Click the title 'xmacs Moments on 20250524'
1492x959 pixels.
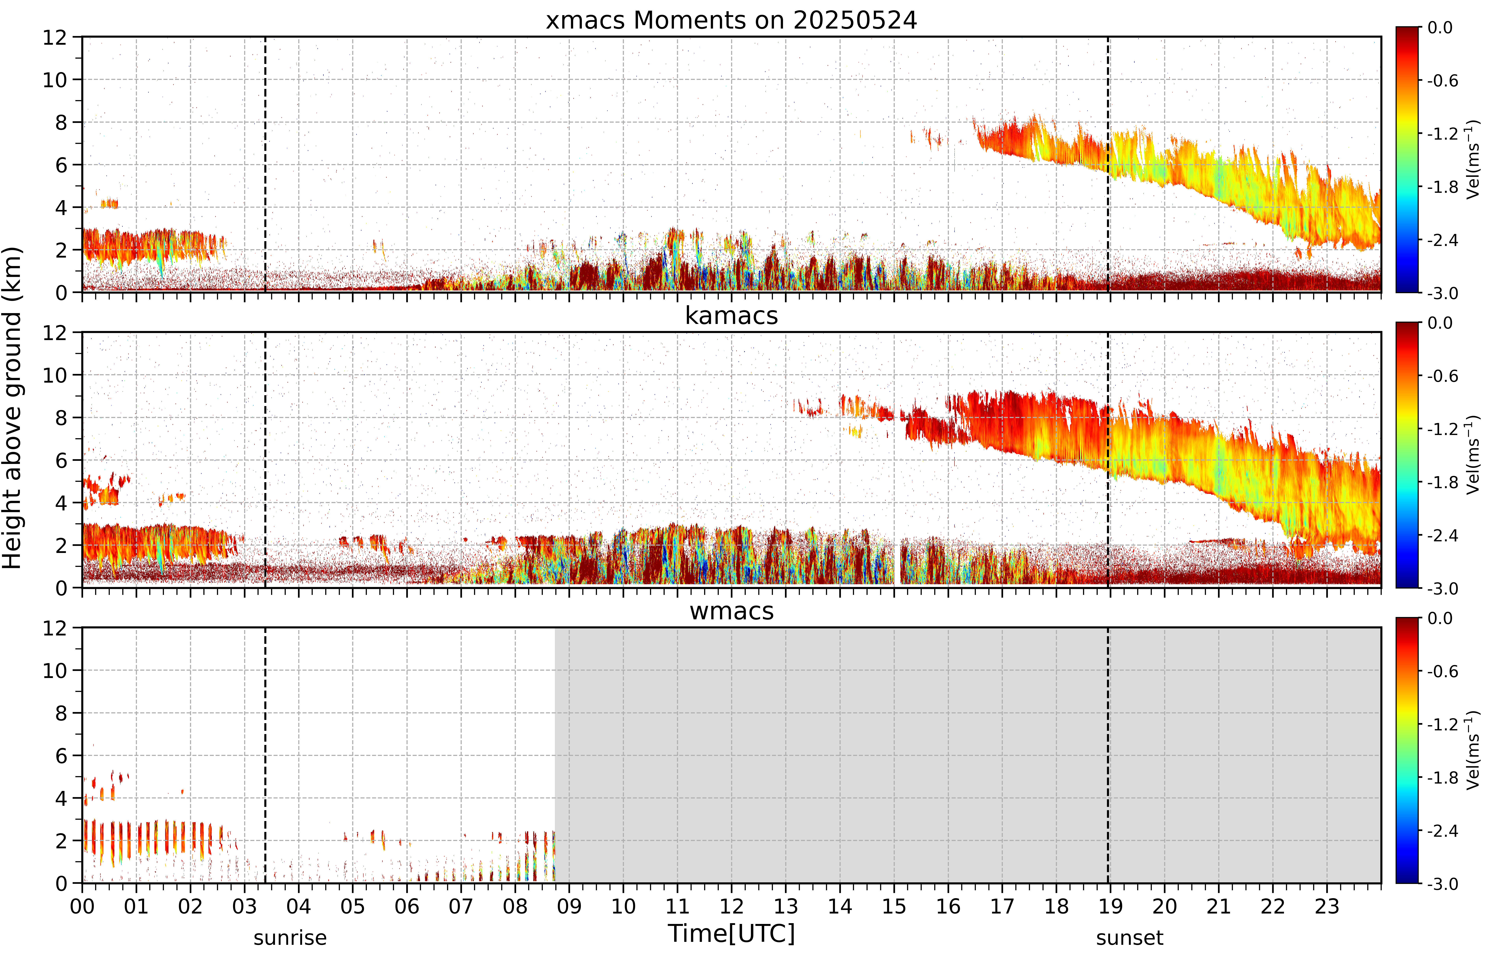[x=731, y=20]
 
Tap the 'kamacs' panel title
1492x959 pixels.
[x=731, y=316]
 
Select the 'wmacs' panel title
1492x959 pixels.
[x=731, y=611]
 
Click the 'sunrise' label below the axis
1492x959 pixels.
[x=290, y=938]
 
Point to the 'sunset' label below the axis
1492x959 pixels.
[x=1130, y=938]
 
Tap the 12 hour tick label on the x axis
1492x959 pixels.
[x=731, y=906]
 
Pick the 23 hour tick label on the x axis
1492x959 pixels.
[x=1327, y=906]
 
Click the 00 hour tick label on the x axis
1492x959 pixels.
[x=82, y=906]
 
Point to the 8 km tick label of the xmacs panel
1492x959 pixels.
[x=61, y=123]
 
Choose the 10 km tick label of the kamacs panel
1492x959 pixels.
[x=55, y=375]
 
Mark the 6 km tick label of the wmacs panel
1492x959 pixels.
[x=61, y=756]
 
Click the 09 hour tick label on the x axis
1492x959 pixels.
[x=569, y=906]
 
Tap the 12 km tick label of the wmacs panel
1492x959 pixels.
[x=55, y=628]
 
